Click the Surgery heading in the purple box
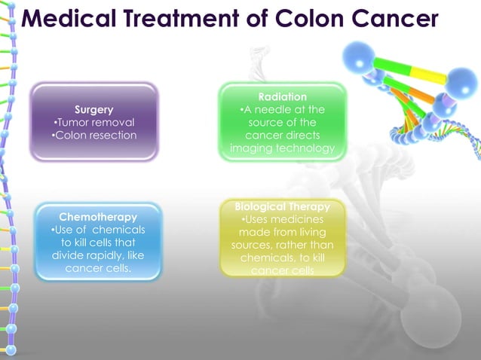94,110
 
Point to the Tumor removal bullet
94,123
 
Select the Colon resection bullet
94,136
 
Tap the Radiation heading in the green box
282,97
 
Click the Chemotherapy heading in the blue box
93,217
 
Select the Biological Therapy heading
282,206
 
